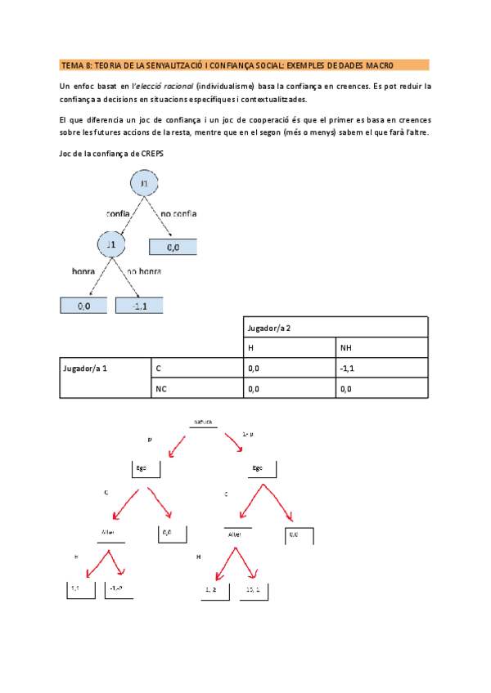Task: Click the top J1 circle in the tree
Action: coord(143,185)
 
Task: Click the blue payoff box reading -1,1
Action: coord(139,306)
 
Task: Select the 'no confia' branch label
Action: coord(178,213)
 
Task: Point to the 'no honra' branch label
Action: coord(144,271)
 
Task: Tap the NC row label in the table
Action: coord(161,388)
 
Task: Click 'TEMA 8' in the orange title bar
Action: coord(76,65)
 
